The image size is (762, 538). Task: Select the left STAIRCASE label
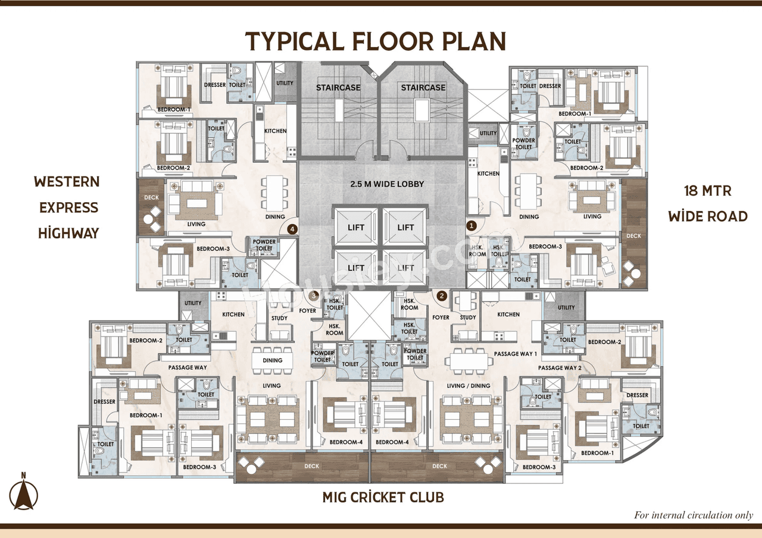tap(338, 87)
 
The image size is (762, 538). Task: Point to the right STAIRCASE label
tap(423, 87)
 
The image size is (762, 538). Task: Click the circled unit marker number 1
tap(471, 225)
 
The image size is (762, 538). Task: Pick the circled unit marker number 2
tap(442, 295)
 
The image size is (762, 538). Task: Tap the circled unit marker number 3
tap(314, 295)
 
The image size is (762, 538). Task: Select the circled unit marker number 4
tap(292, 228)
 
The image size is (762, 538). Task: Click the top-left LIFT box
tap(356, 227)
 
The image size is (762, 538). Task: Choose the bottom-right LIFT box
tap(405, 268)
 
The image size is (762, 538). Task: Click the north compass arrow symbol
tap(23, 493)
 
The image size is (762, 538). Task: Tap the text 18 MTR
tap(707, 191)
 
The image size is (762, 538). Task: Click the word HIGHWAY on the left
tap(68, 233)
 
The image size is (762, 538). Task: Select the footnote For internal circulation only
tap(693, 515)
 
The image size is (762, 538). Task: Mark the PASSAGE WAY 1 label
tap(515, 354)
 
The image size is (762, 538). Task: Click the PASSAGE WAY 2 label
tap(558, 368)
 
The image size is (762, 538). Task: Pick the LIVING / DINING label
tap(469, 386)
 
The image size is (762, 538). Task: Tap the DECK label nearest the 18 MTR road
tap(634, 236)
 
